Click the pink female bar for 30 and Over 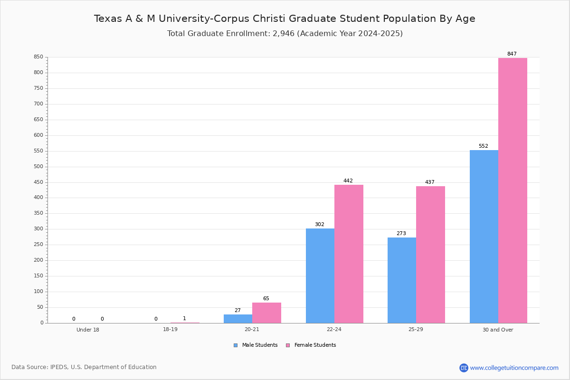(513, 190)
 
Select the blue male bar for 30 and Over (484, 237)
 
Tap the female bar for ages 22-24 (349, 254)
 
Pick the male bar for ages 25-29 (402, 280)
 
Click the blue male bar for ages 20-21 (238, 319)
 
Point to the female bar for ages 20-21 (266, 313)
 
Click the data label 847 (512, 54)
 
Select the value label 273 (401, 233)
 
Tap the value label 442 (348, 180)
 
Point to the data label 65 (266, 298)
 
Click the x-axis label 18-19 (170, 329)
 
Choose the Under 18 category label (88, 330)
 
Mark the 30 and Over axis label (498, 330)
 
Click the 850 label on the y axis (38, 57)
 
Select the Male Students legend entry (256, 345)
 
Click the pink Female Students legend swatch (288, 345)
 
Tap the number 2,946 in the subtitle (284, 34)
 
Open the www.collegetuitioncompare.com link (514, 368)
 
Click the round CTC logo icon (464, 368)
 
